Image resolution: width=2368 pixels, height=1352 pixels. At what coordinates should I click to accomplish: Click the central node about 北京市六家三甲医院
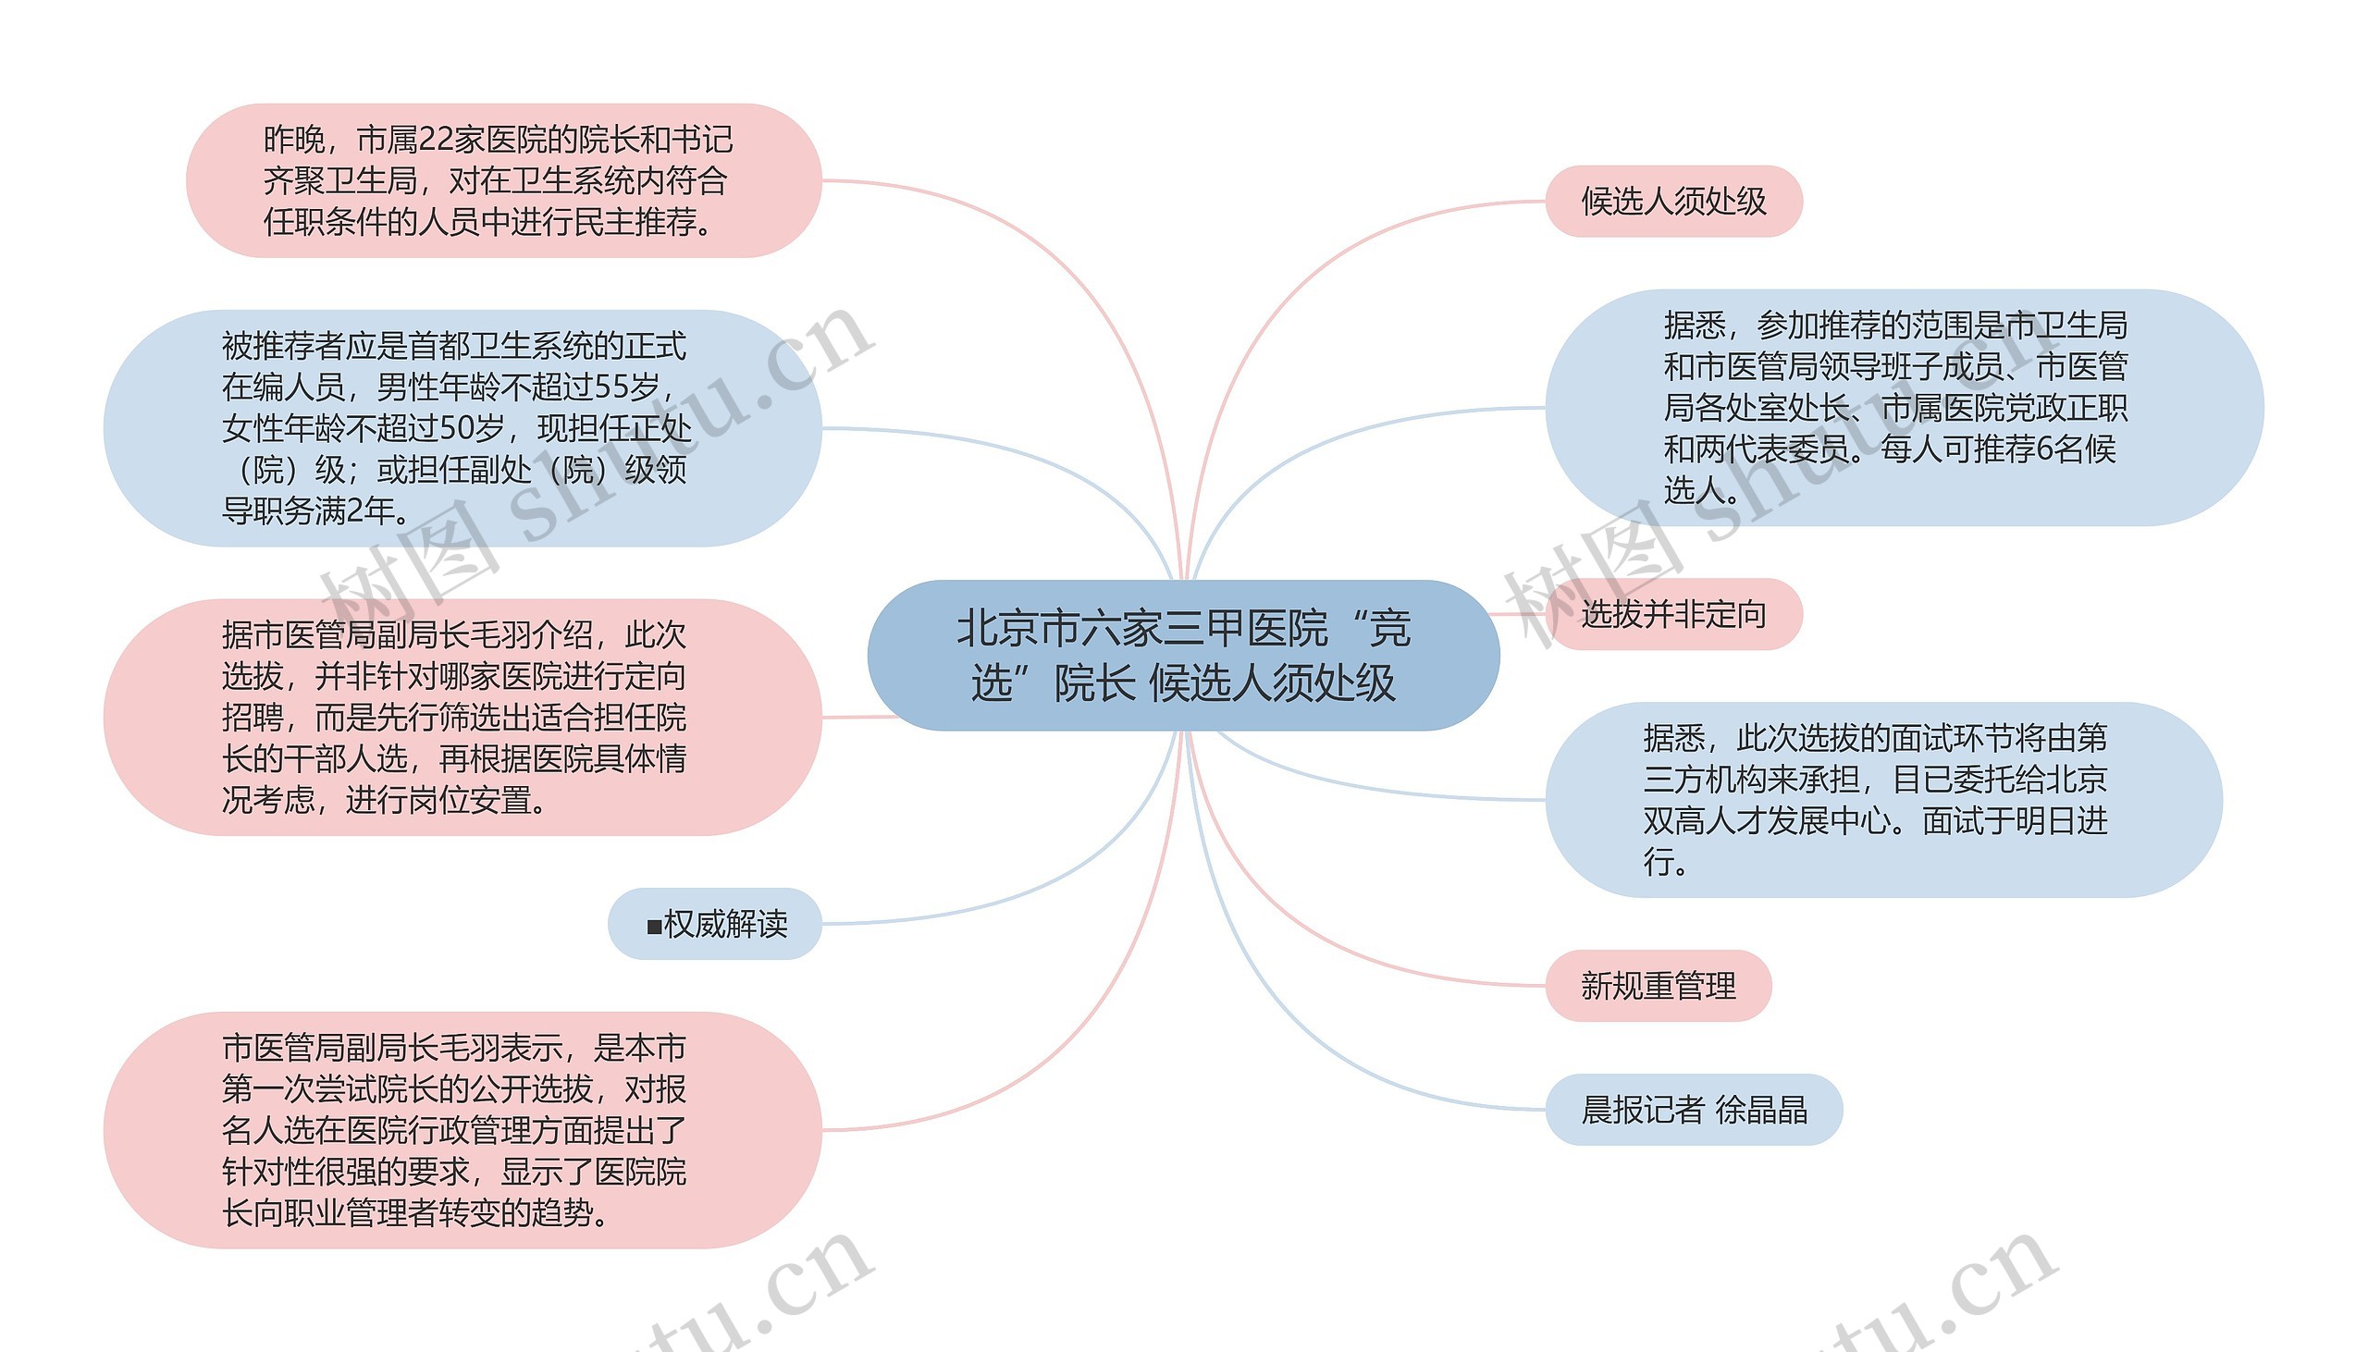pyautogui.click(x=1182, y=656)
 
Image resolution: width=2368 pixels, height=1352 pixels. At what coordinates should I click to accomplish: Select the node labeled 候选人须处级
pyautogui.click(x=1672, y=202)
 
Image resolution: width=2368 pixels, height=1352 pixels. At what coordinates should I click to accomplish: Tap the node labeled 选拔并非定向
pyautogui.click(x=1672, y=615)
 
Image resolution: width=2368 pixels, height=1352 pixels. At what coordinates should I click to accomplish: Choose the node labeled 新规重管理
pyautogui.click(x=1658, y=986)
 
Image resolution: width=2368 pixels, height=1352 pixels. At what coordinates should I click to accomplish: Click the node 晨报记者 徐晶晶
pyautogui.click(x=1693, y=1110)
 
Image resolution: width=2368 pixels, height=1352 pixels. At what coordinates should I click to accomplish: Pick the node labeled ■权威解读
pyautogui.click(x=715, y=924)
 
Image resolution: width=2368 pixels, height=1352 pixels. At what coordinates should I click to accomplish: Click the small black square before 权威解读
pyautogui.click(x=654, y=926)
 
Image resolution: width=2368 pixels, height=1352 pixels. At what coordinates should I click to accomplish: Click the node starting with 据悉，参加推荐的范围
pyautogui.click(x=1904, y=408)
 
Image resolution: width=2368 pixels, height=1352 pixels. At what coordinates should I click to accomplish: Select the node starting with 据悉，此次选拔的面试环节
pyautogui.click(x=1883, y=800)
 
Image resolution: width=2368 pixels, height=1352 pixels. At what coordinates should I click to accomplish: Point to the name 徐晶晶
pyautogui.click(x=1760, y=1110)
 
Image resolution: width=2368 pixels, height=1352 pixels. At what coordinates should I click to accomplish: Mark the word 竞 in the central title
pyautogui.click(x=1389, y=629)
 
